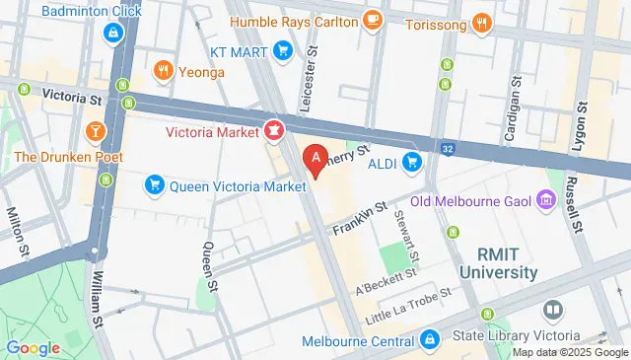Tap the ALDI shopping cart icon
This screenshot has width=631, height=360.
(x=412, y=162)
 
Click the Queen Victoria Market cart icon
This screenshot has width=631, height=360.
(x=154, y=183)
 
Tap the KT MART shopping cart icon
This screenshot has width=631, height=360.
(x=282, y=49)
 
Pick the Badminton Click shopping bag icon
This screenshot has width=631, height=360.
(x=113, y=33)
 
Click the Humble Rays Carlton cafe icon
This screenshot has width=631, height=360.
(x=372, y=21)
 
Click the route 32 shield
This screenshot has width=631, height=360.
(x=449, y=149)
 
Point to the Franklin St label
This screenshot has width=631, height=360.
(x=357, y=221)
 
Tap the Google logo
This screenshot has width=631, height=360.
(x=34, y=347)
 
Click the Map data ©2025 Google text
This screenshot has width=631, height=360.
(x=569, y=352)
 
